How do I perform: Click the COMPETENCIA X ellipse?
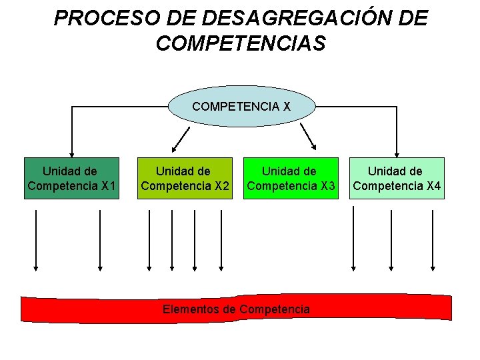click(241, 106)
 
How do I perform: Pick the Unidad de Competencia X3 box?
click(289, 178)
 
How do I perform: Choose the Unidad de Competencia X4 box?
click(397, 178)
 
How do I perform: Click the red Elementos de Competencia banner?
click(237, 309)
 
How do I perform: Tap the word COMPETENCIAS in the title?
click(241, 43)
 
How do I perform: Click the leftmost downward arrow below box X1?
click(36, 240)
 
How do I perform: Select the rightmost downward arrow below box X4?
click(433, 240)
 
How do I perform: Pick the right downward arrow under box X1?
click(100, 240)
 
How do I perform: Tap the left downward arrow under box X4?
click(353, 240)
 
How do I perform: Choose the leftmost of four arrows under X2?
click(149, 240)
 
